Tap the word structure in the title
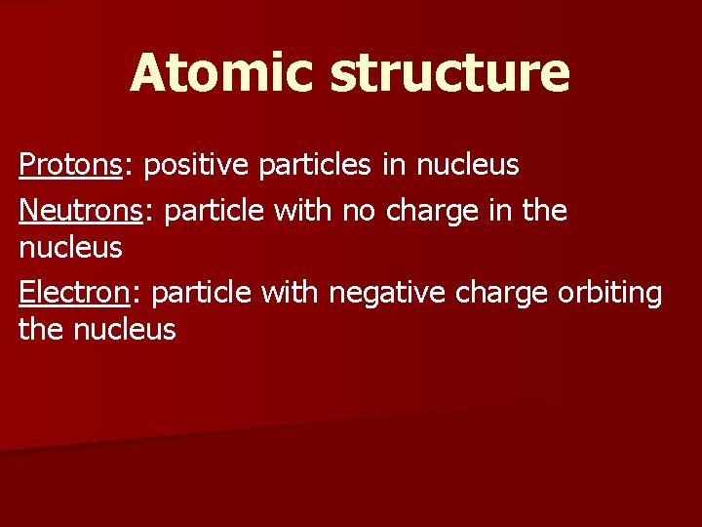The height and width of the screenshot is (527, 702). [x=449, y=73]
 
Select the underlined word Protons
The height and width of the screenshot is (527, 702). [x=68, y=166]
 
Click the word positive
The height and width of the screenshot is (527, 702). [x=200, y=166]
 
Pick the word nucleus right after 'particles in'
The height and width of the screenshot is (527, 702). [x=467, y=166]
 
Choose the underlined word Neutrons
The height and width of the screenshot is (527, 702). [x=80, y=208]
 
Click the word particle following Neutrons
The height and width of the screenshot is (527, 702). [x=217, y=208]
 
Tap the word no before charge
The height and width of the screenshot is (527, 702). [x=358, y=208]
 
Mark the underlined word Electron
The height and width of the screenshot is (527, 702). [x=73, y=292]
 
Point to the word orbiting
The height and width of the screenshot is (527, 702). [x=610, y=292]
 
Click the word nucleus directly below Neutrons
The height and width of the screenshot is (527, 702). [x=70, y=248]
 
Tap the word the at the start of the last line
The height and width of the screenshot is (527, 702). [x=39, y=330]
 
